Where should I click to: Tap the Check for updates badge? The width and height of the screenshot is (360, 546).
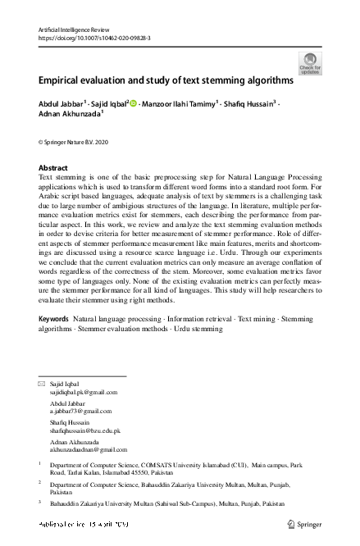[310, 63]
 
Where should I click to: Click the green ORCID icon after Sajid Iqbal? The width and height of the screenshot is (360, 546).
[134, 105]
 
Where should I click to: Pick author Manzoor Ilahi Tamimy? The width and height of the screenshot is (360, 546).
[181, 105]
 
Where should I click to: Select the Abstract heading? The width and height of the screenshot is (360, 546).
[53, 167]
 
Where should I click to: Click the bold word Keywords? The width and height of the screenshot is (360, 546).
[53, 317]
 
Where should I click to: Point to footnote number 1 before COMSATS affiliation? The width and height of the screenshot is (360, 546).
[40, 464]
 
